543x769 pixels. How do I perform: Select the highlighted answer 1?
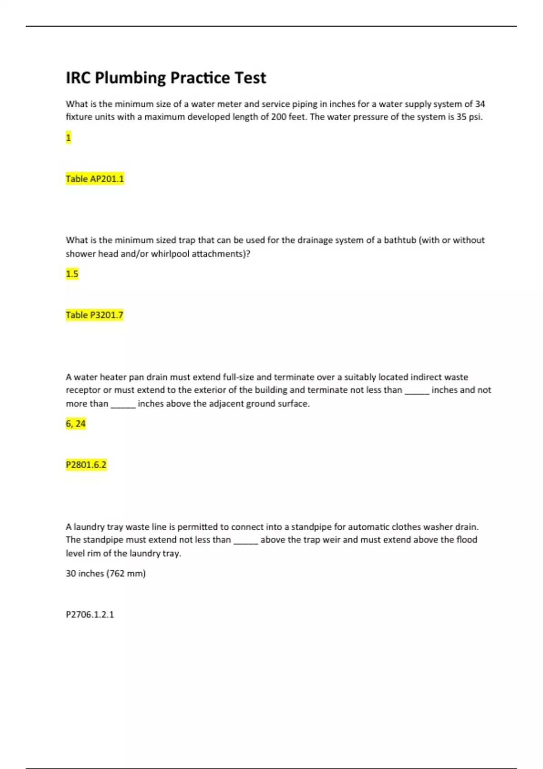point(68,138)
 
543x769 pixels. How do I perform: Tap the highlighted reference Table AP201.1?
point(95,179)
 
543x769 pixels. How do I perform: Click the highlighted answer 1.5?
point(72,274)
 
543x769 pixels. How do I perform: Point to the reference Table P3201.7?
point(95,315)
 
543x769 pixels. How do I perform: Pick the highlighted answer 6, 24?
point(76,423)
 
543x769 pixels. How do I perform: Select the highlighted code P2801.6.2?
point(86,465)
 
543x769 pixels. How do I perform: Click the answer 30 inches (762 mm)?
point(105,573)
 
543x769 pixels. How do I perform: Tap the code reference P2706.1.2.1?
point(90,614)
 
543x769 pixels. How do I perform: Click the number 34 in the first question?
point(480,104)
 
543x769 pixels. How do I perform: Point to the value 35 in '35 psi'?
point(461,117)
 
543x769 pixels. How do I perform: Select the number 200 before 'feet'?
point(279,117)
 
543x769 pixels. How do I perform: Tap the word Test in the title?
point(250,78)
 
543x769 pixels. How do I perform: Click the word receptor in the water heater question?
point(83,390)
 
